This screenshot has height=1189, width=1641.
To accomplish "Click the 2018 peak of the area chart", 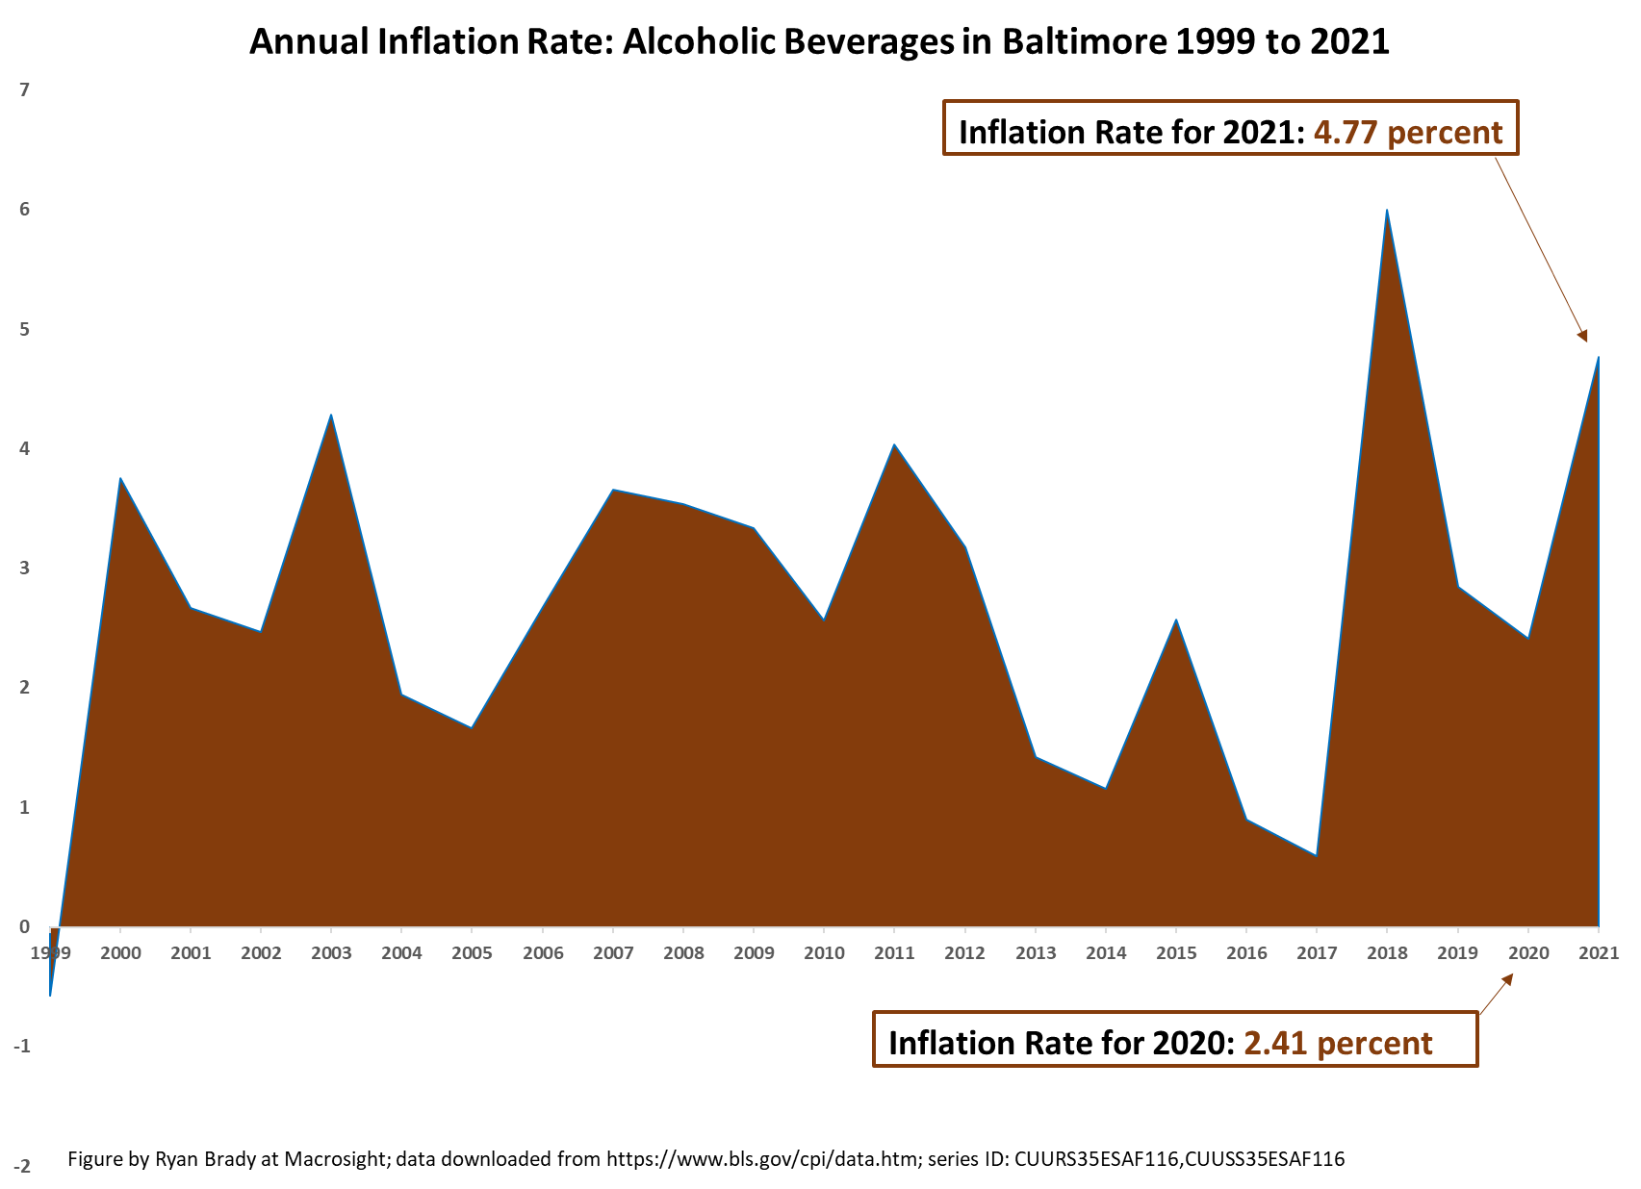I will coord(1386,211).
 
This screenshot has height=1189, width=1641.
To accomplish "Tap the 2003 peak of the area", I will coord(331,416).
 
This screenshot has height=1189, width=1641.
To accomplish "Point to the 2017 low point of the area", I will coord(1316,855).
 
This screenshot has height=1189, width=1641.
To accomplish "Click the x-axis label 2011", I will coord(894,953).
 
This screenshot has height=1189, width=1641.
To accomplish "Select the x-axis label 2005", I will coord(472,953).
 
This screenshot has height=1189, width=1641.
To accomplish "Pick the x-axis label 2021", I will coord(1598,953).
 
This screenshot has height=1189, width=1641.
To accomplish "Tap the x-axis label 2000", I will coord(120,953).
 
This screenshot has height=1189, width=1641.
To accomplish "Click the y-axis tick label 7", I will coord(25,90).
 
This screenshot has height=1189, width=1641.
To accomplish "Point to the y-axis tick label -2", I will coord(21,1167).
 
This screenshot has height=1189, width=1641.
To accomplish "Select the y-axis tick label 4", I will coord(25,449).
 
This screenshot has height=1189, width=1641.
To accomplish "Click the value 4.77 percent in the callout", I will coord(1407,132).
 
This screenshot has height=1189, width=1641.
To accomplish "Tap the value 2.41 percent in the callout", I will coord(1338,1043).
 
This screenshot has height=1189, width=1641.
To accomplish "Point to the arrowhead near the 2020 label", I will coord(1507,979).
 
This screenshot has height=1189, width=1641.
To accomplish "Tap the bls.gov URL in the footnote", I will coord(761,1159).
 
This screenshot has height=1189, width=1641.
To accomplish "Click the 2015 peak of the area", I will coord(1175,620).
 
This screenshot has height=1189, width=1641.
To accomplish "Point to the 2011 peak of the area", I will coord(894,445).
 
